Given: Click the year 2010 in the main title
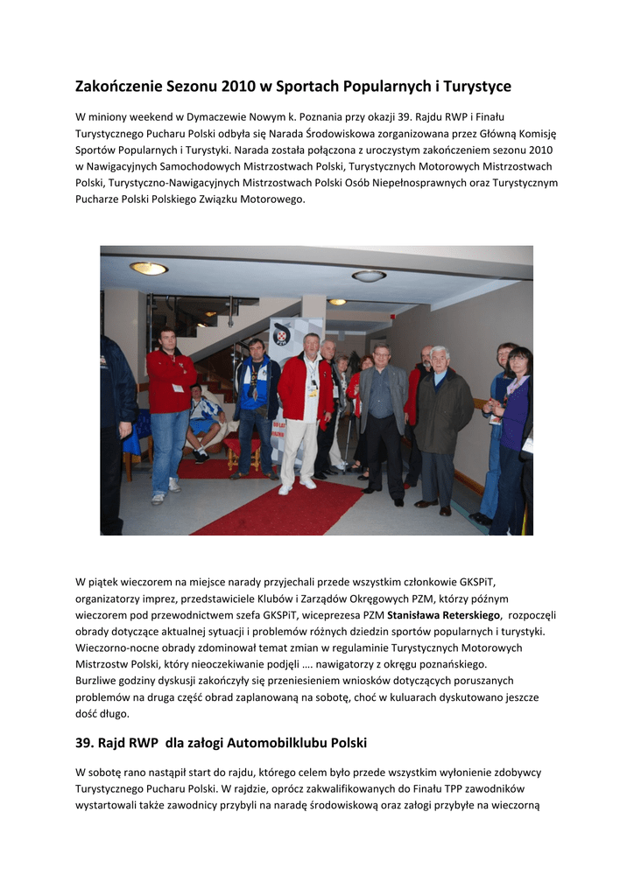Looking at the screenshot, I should click(238, 87).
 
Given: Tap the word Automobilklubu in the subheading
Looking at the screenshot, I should click(268, 743).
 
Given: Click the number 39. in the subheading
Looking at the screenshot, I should click(87, 743).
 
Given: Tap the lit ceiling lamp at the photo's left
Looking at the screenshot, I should click(149, 269).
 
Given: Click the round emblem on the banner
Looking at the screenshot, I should click(282, 333).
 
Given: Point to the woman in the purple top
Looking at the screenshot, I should click(515, 429).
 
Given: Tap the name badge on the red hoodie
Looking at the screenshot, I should click(178, 388).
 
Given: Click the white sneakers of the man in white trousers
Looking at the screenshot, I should click(297, 486).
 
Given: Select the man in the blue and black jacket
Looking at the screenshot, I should click(255, 402).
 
